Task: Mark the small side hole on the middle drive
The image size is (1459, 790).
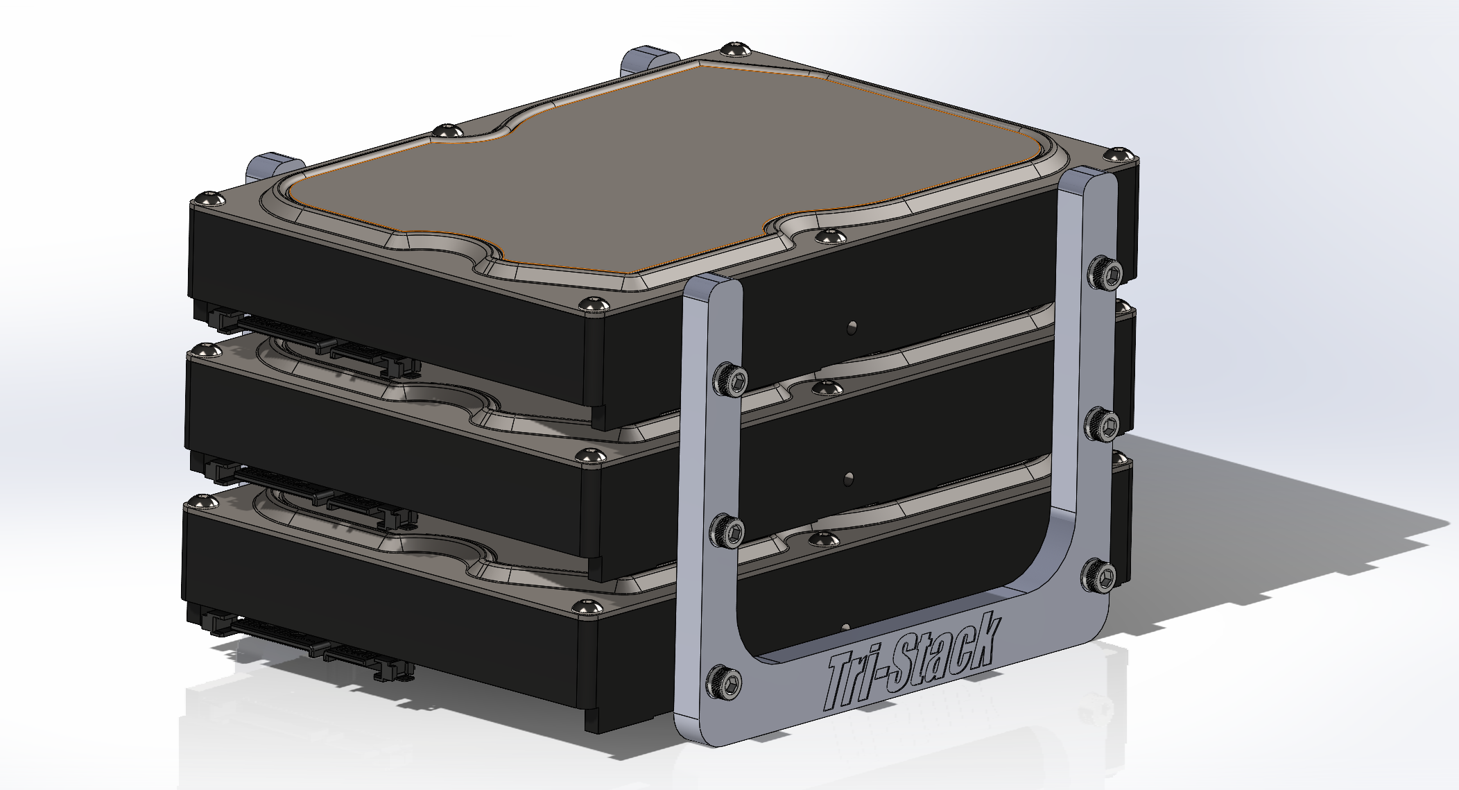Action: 849,477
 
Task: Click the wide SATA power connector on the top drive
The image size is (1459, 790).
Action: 274,327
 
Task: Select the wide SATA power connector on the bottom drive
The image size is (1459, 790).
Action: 270,628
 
